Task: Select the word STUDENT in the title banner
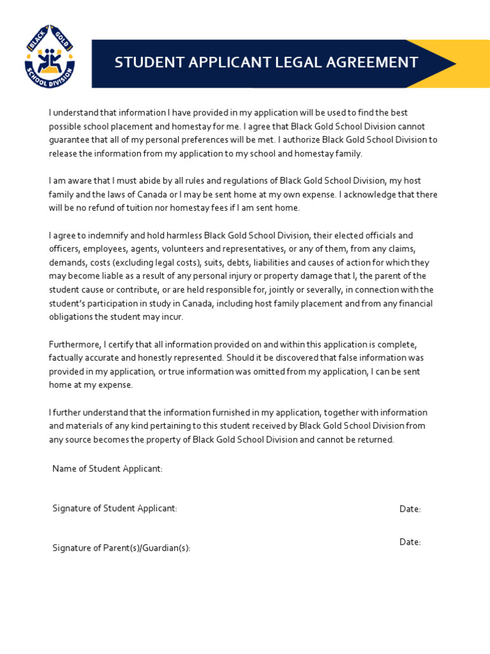[x=145, y=63]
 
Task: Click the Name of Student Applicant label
[x=107, y=469]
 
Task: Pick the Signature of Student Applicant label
[x=114, y=508]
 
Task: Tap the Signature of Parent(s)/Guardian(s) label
[x=121, y=548]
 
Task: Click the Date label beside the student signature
[x=410, y=509]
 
